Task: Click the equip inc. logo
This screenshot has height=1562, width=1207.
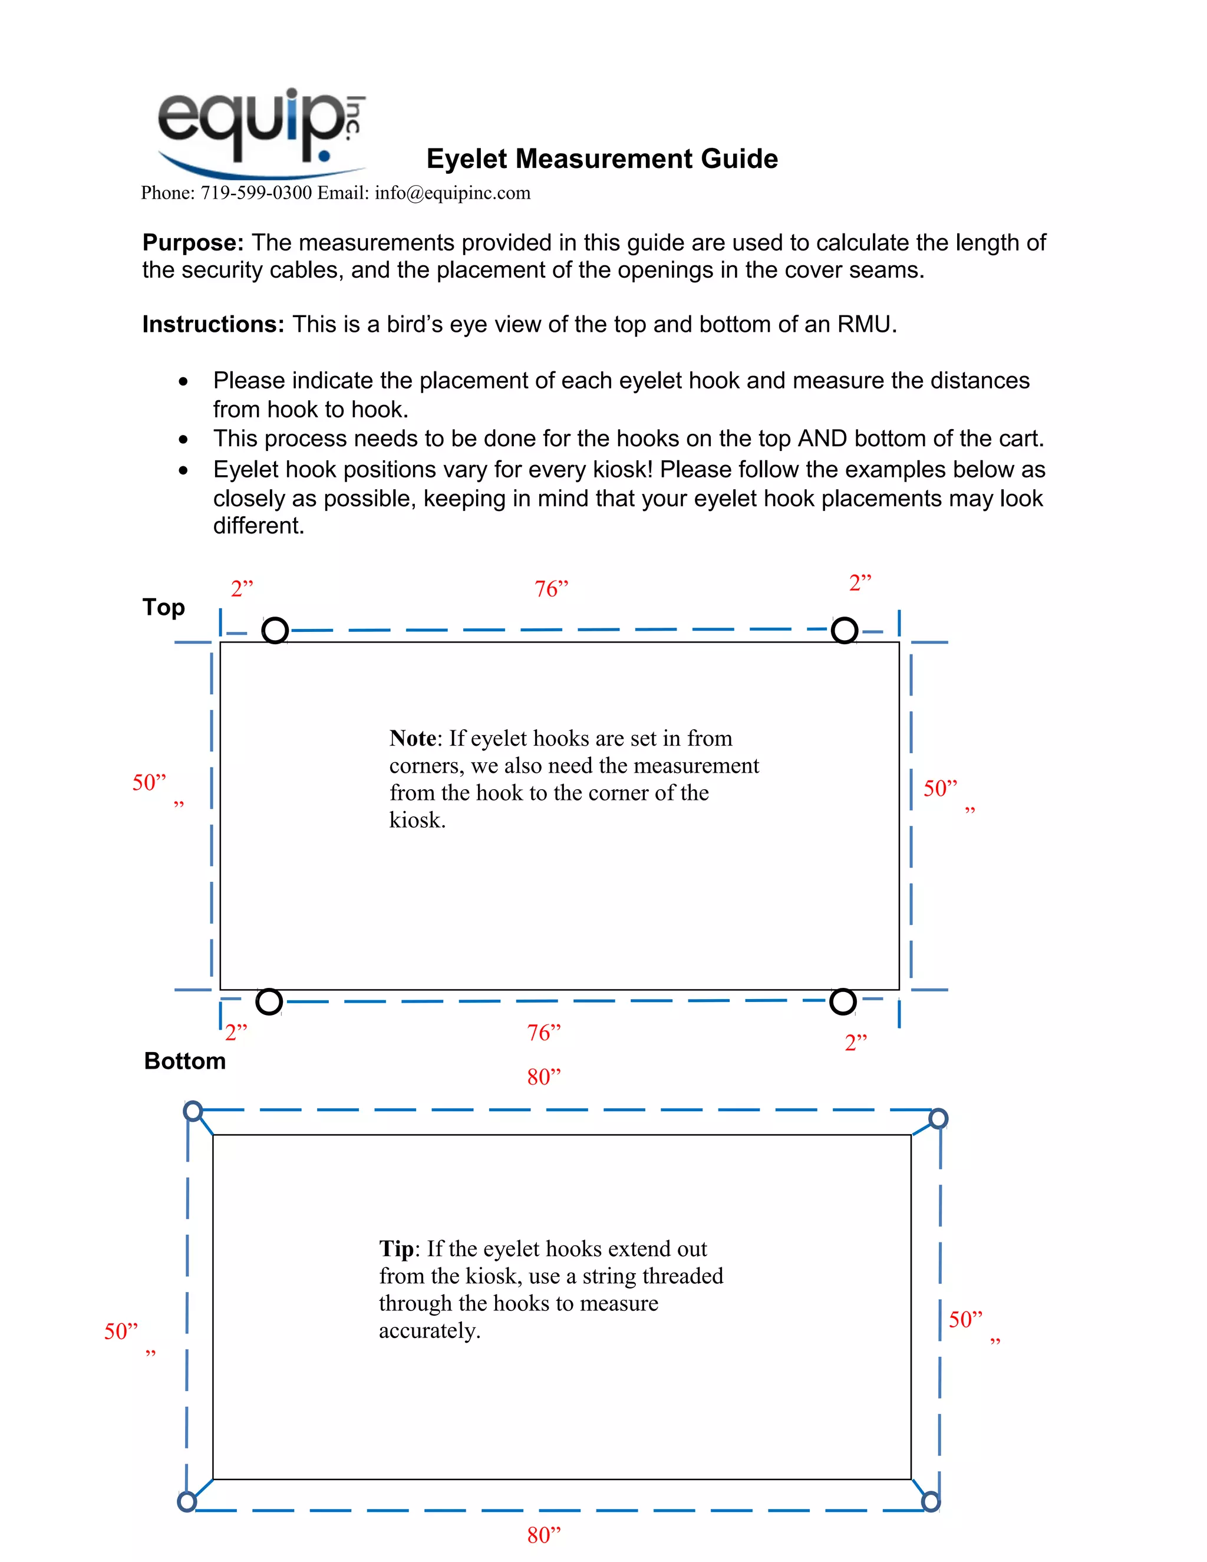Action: [261, 132]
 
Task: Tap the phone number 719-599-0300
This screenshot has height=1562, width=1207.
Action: [256, 193]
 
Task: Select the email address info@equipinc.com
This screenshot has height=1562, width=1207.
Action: [452, 193]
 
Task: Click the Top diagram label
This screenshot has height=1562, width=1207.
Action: [164, 607]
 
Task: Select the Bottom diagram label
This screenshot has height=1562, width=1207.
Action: [184, 1060]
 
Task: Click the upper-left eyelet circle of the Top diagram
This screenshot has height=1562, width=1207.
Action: [275, 630]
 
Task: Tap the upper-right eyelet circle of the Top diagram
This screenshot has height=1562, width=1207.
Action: [845, 630]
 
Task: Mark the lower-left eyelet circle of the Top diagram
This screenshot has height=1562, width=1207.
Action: [269, 1001]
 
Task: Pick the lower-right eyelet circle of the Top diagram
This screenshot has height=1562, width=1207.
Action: [843, 1001]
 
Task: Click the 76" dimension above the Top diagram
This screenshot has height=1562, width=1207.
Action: [551, 589]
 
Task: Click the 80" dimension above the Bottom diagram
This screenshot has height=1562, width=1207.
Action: [543, 1077]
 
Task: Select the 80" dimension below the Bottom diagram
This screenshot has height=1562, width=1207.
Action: [543, 1535]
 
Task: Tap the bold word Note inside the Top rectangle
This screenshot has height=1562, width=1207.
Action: [413, 738]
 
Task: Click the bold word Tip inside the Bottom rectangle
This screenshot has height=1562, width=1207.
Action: [396, 1249]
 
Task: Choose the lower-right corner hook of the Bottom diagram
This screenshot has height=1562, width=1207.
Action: [930, 1501]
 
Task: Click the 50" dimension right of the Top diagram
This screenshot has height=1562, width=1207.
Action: [939, 789]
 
